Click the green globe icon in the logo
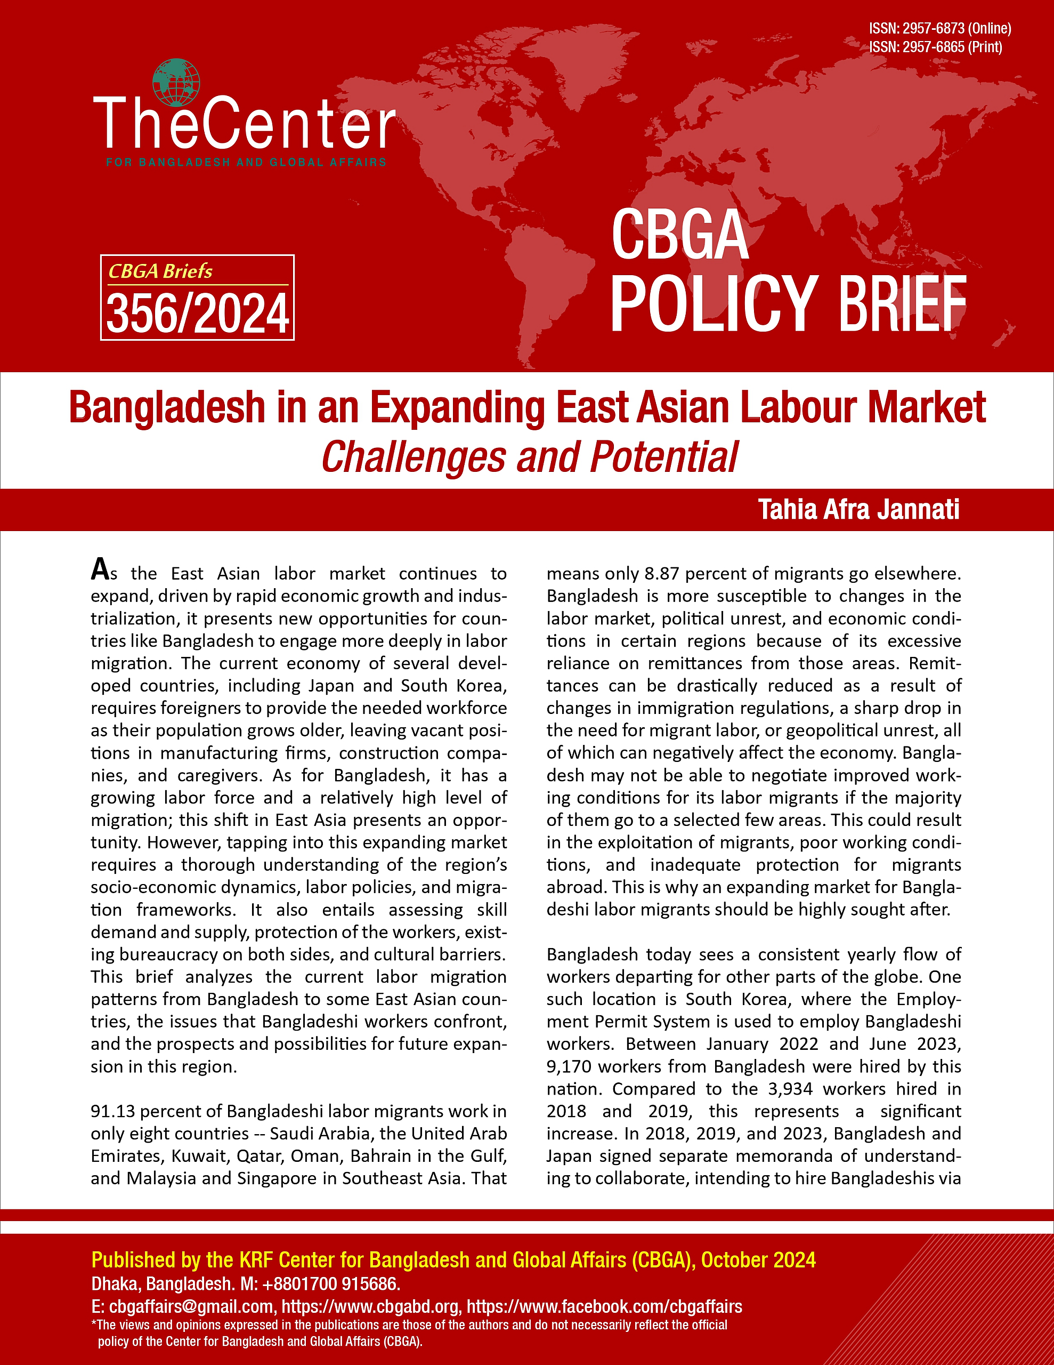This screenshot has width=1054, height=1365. pyautogui.click(x=175, y=83)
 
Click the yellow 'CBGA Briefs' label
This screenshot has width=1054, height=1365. pyautogui.click(x=160, y=271)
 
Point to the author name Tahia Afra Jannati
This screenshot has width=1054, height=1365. pyautogui.click(x=858, y=509)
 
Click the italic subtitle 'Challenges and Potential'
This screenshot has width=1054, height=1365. pyautogui.click(x=529, y=457)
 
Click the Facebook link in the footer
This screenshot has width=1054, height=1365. pyautogui.click(x=604, y=1306)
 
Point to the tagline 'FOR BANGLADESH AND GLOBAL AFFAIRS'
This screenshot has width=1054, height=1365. pyautogui.click(x=246, y=163)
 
